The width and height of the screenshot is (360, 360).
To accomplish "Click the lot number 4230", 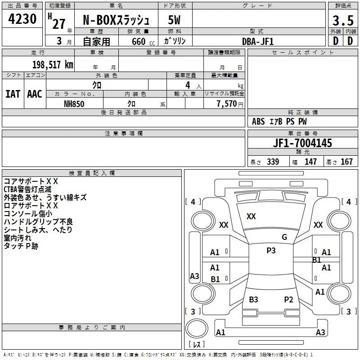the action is pos(22,19).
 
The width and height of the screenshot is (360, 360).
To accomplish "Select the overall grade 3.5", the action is pos(343,20).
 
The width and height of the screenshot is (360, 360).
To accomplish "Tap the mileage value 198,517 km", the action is pos(53,64).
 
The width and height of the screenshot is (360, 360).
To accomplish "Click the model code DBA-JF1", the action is pos(258,41).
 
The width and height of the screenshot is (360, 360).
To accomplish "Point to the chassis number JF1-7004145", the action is pos(302,143).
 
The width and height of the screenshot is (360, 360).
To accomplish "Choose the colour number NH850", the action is pos(74,104).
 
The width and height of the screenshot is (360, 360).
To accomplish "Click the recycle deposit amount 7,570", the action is pos(226,104).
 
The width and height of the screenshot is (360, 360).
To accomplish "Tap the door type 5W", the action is pos(174,20).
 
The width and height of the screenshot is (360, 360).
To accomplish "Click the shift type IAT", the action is pos(13,94).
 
